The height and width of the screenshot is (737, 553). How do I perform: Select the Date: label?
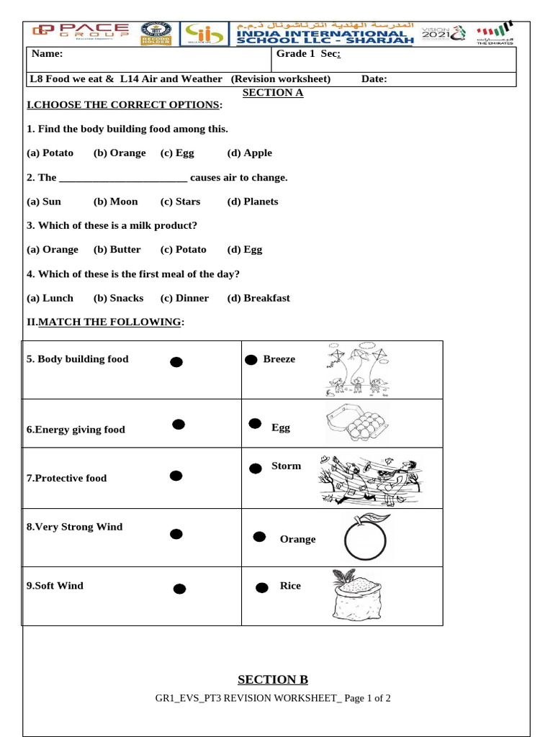(374, 79)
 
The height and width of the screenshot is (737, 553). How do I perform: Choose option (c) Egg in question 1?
(177, 153)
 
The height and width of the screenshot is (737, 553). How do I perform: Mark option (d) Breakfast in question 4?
(258, 298)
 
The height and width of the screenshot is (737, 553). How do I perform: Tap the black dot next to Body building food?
(176, 362)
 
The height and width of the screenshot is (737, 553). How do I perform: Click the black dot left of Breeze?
(251, 360)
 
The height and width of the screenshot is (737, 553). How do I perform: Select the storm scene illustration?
(371, 478)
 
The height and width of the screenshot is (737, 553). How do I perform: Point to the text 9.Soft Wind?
(55, 586)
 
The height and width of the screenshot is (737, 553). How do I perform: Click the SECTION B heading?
(272, 679)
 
